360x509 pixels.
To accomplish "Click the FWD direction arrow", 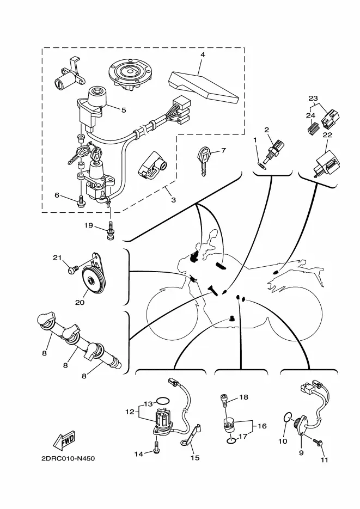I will [64, 440].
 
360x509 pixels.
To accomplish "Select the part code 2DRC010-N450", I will [68, 458].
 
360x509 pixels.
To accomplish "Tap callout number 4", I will [202, 55].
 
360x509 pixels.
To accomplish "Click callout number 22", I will [327, 135].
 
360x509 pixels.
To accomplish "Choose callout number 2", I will [267, 130].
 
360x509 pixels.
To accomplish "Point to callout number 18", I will [243, 397].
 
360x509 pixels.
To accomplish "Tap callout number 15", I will [194, 458].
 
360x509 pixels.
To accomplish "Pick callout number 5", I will [124, 109].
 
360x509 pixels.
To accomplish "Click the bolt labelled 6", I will [81, 203].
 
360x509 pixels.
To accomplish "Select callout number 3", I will [173, 200].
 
